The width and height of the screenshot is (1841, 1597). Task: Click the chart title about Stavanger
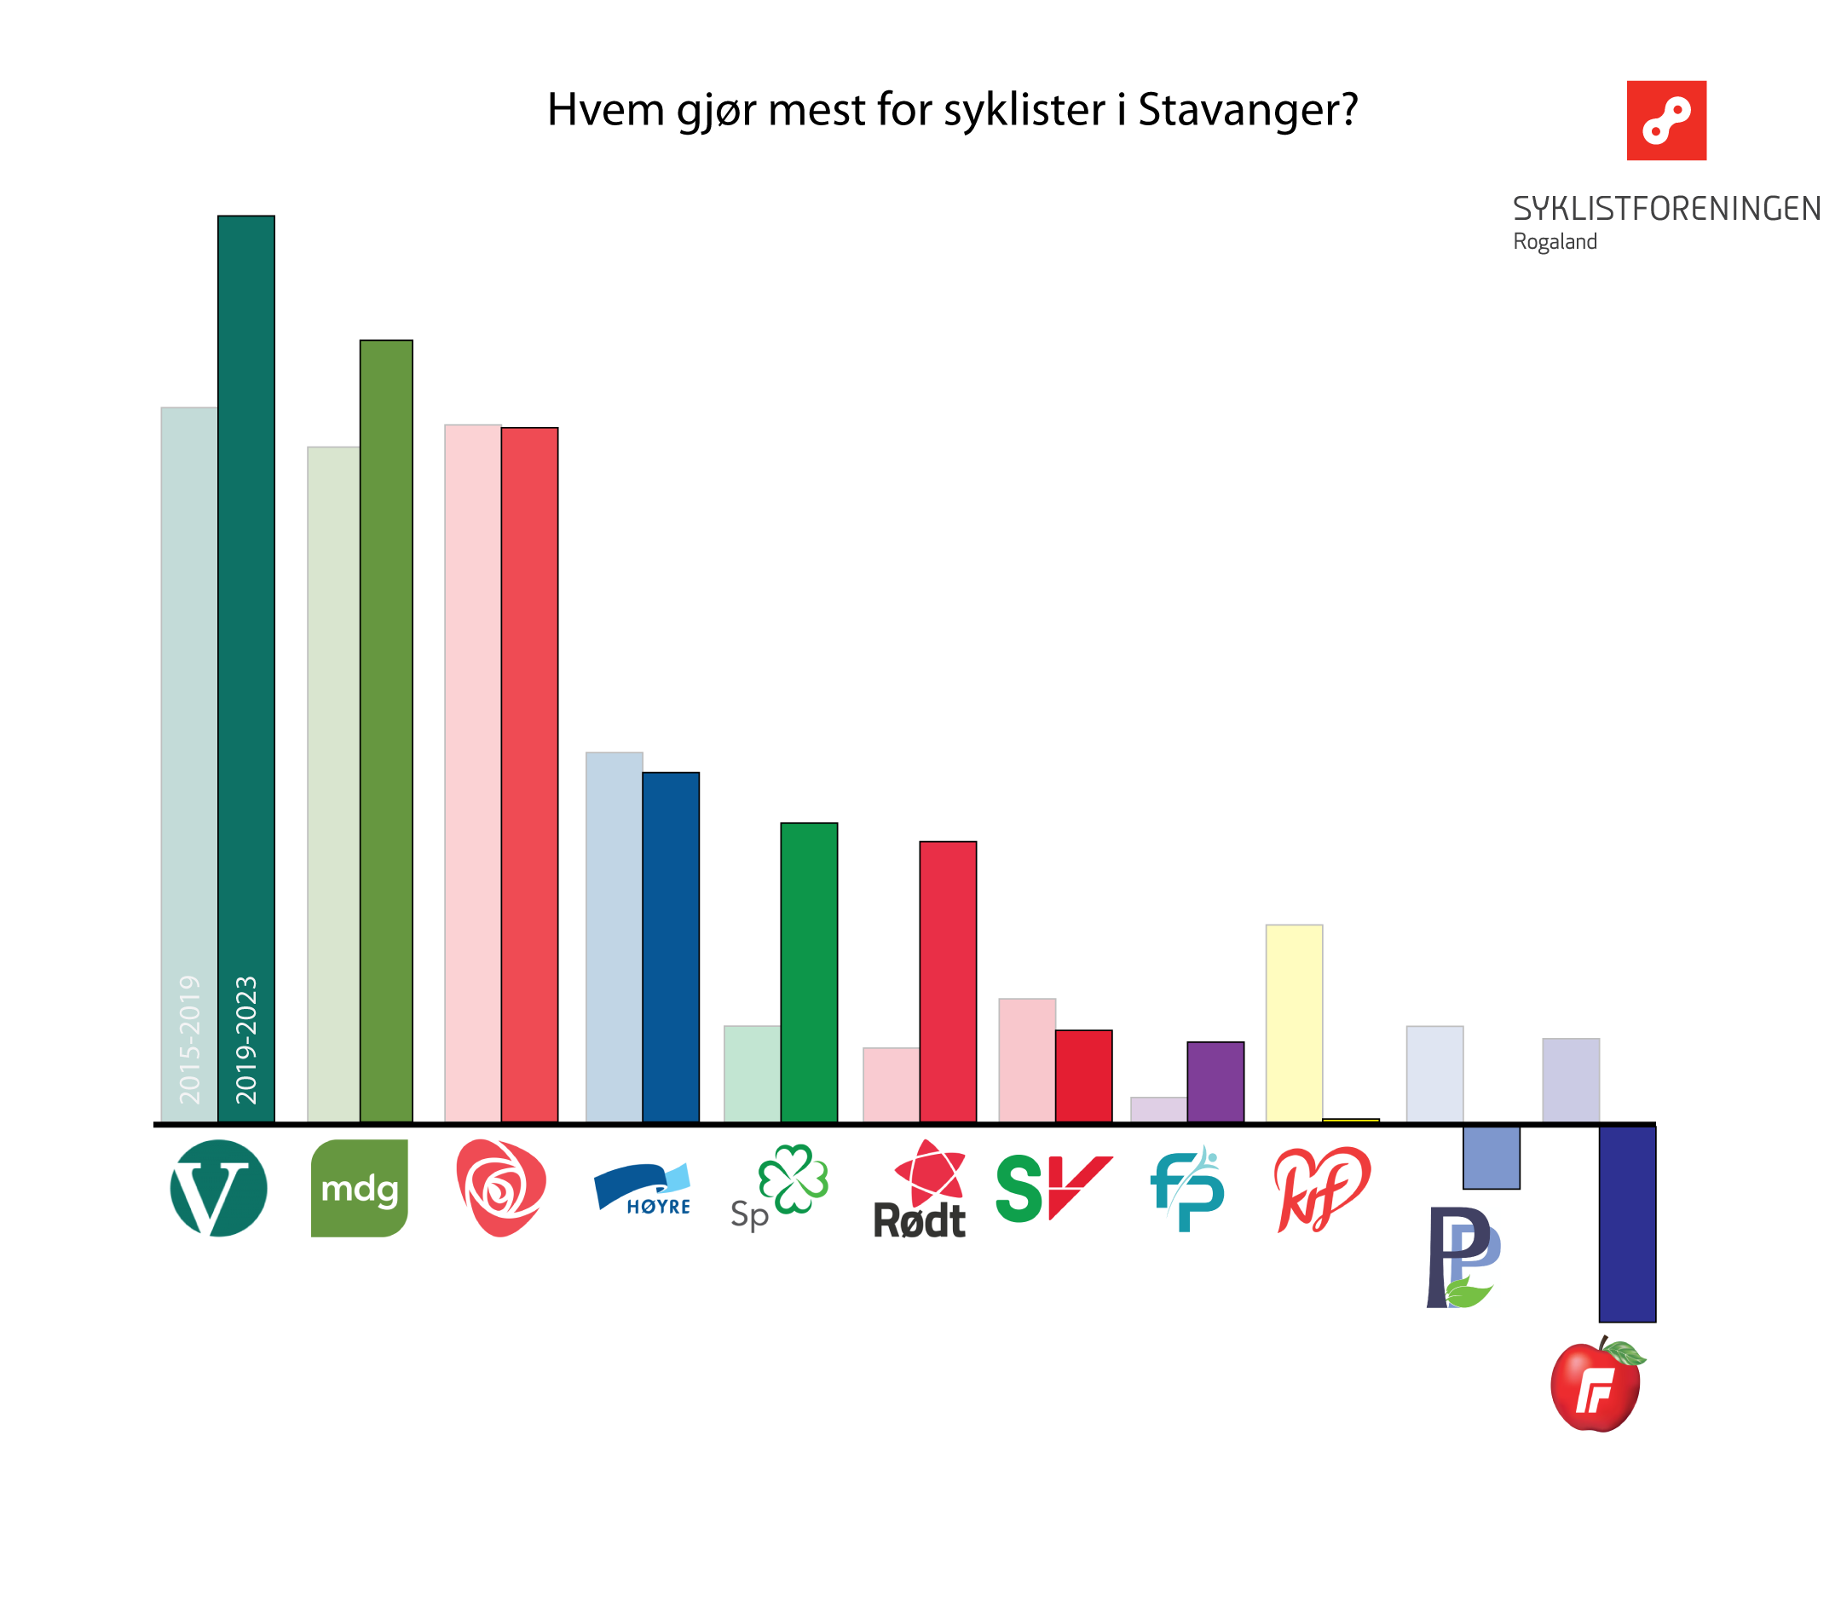[951, 110]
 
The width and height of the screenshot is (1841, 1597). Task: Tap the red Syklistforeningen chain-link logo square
[1665, 120]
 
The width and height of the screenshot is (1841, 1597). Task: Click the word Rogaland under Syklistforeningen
[1554, 241]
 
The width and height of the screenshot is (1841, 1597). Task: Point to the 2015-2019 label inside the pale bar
[189, 1039]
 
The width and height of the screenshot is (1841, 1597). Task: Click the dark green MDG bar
[386, 731]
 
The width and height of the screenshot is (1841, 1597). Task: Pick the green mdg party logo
[359, 1188]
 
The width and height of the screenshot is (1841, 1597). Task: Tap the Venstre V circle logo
[218, 1188]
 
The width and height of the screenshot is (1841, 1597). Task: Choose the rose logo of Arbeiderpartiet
[501, 1188]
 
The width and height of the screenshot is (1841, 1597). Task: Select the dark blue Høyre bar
[670, 947]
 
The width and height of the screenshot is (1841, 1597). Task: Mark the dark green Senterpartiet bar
[808, 971]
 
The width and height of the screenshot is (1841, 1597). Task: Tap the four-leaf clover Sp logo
[792, 1179]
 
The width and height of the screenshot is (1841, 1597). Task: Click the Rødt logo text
[919, 1220]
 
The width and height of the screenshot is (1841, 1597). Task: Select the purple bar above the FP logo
[1215, 1081]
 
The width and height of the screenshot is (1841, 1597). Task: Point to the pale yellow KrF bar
[1293, 1023]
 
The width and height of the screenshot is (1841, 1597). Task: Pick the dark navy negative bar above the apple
[1626, 1224]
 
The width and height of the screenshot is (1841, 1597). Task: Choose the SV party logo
[1053, 1188]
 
